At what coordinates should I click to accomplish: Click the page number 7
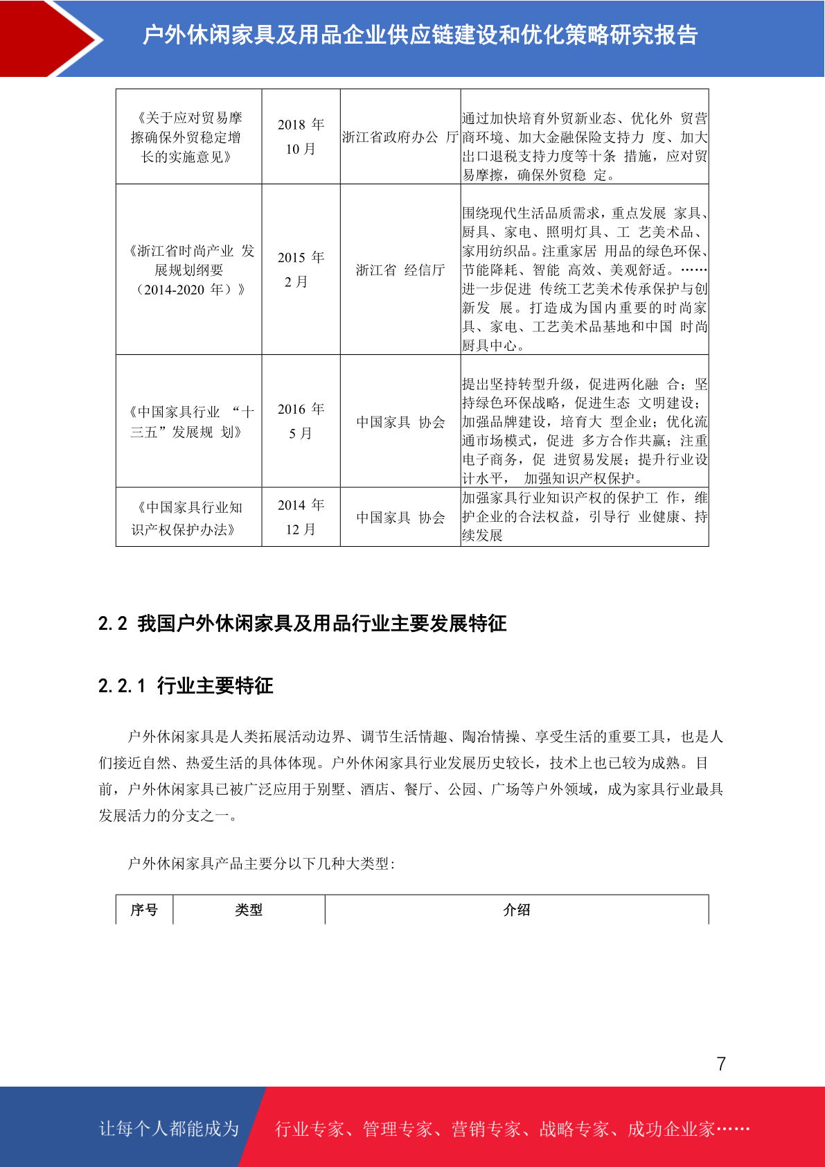pos(721,1064)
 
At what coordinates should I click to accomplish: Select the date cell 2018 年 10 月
pos(301,137)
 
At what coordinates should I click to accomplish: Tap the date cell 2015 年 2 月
pos(301,270)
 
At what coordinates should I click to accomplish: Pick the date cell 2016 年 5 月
pos(301,421)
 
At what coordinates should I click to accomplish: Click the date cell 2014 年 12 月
pos(301,517)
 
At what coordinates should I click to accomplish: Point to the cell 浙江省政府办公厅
pos(400,137)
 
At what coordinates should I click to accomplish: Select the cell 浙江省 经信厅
pos(400,270)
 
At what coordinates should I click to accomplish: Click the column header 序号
pos(144,910)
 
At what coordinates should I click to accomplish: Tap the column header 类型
pos(249,910)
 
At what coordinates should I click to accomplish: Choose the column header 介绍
pos(517,910)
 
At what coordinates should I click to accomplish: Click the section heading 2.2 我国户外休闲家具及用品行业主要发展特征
pos(302,624)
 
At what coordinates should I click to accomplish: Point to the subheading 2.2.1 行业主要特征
pos(186,686)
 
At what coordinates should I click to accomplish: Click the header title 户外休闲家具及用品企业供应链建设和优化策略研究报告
pos(420,35)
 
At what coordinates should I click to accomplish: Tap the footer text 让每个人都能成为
pos(169,1129)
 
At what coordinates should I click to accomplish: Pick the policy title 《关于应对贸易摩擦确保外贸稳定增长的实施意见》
pos(187,137)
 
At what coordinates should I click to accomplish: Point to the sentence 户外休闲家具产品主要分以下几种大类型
pos(260,863)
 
